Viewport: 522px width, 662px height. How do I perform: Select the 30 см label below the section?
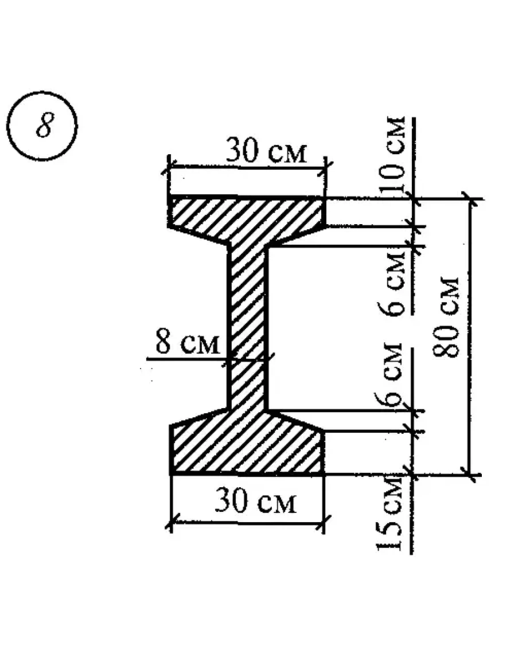256,502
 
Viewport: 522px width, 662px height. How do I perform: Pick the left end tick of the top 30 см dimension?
169,166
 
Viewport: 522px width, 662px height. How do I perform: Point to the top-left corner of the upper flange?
170,199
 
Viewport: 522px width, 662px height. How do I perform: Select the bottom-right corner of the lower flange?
324,474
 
